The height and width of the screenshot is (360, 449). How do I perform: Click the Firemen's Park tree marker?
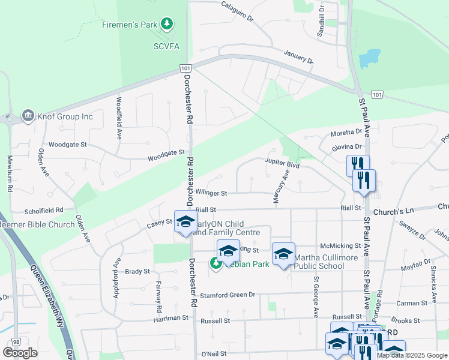tap(167, 25)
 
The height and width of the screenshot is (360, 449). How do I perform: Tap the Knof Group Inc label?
tap(65, 116)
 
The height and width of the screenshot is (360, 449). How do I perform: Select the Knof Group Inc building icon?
tap(28, 116)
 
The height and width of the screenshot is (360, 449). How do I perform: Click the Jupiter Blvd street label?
tap(282, 162)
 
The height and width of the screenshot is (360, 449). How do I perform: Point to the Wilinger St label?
tap(210, 193)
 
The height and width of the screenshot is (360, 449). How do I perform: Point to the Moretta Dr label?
tap(347, 132)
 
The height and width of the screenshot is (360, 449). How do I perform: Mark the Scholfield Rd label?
tap(43, 211)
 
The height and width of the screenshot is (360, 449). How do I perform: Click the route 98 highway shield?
tap(16, 341)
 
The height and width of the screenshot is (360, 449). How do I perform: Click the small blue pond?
tap(369, 59)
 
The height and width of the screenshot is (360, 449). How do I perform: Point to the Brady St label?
tap(137, 271)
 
